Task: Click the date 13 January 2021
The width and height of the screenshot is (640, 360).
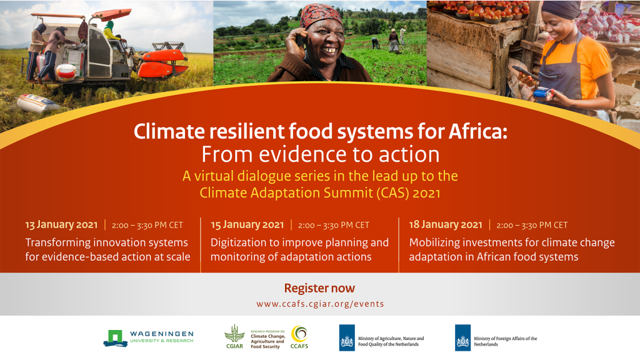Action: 61,225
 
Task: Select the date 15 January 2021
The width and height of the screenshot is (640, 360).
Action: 247,225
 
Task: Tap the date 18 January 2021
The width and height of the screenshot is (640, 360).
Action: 446,225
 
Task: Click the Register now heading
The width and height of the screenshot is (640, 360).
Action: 319,288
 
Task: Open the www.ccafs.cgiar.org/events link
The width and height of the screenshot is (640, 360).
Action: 320,304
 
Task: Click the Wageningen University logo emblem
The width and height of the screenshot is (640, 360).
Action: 115,338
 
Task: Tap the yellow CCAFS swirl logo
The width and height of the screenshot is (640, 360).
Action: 299,334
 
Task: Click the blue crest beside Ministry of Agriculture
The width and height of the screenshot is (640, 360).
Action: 347,337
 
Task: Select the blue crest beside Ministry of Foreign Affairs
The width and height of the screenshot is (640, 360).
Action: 463,337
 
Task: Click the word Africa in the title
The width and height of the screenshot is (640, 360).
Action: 478,131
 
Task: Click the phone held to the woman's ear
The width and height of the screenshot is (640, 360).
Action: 301,41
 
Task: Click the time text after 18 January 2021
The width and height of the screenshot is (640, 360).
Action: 532,225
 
